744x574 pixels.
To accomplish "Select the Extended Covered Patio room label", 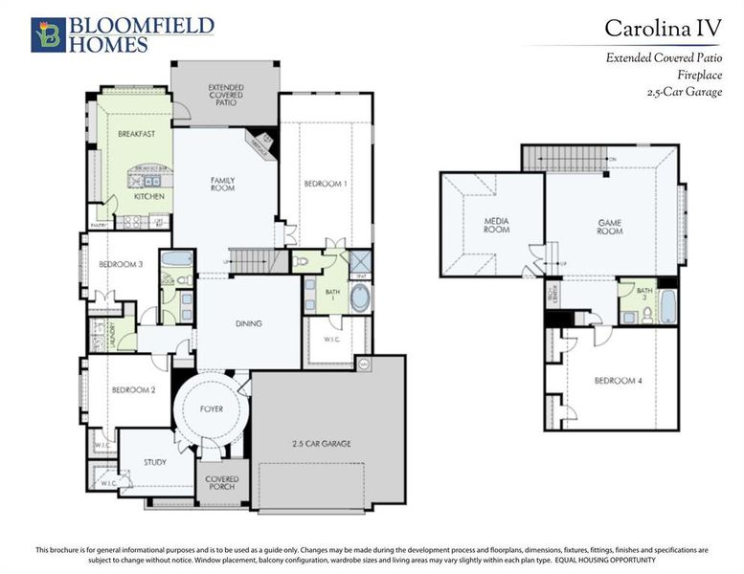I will pos(225,94).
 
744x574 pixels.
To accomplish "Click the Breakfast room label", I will pos(137,135).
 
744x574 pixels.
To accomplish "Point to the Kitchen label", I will pos(148,196).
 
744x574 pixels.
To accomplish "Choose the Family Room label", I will pos(223,184).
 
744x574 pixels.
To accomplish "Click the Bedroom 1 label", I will pos(326,184).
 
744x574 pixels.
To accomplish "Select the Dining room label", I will pos(249,323).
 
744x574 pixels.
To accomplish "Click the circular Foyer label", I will pos(212,409).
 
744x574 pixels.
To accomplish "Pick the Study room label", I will pos(154,462).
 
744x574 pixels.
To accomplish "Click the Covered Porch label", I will pos(222,483).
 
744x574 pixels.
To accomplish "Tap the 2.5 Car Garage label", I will pos(322,444).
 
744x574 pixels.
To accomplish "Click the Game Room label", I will pos(610,227).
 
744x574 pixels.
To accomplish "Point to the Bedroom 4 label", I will pos(613,381).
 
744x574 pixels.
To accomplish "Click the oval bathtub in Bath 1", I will pos(360,298).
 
